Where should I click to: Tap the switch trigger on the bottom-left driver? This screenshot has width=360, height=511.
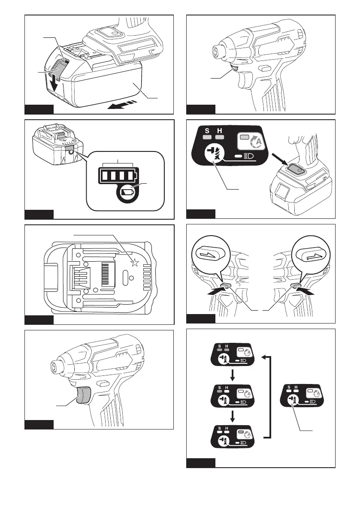(x=83, y=394)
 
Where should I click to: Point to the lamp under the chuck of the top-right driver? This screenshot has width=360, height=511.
(x=235, y=68)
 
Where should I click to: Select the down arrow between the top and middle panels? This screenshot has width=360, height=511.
(x=232, y=375)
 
